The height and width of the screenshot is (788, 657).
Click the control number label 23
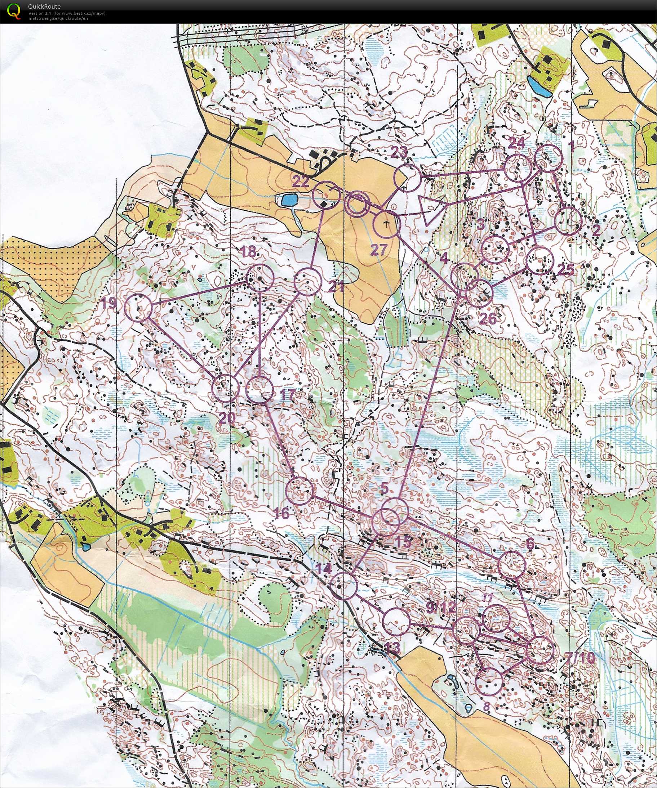tap(399, 153)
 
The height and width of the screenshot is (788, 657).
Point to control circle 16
tap(299, 490)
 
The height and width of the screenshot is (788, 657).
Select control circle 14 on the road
tap(344, 585)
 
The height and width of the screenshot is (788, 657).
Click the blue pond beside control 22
tap(288, 200)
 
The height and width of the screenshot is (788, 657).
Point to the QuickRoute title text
tap(44, 6)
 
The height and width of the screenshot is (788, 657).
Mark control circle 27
tap(386, 224)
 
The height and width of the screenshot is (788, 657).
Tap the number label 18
tap(248, 252)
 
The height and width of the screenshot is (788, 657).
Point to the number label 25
tap(566, 269)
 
